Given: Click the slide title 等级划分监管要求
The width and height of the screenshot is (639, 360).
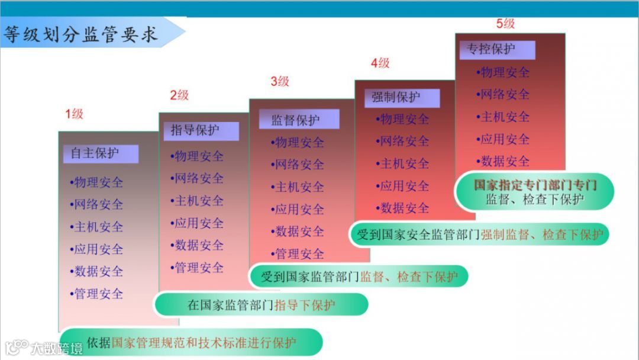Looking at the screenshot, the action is [82, 34].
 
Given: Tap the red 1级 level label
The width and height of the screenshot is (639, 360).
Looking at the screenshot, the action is [75, 114].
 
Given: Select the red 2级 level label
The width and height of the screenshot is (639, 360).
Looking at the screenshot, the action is [179, 95].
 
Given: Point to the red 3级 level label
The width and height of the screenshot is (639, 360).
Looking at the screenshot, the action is [280, 81].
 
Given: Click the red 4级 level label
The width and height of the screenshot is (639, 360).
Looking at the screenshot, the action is [380, 63].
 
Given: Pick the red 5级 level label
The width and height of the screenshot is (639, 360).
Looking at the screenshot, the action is [505, 24].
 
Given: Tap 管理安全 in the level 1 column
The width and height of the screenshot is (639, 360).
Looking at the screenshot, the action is [98, 294].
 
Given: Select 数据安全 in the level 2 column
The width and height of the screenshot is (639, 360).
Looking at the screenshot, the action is [198, 245].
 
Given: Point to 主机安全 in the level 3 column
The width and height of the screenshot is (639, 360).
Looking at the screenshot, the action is [299, 187].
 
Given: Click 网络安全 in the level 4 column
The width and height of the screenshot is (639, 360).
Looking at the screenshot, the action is [404, 142].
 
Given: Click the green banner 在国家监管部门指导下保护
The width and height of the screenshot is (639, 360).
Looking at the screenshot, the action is [261, 305].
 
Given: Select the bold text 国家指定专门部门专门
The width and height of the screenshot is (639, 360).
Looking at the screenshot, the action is [535, 185].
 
